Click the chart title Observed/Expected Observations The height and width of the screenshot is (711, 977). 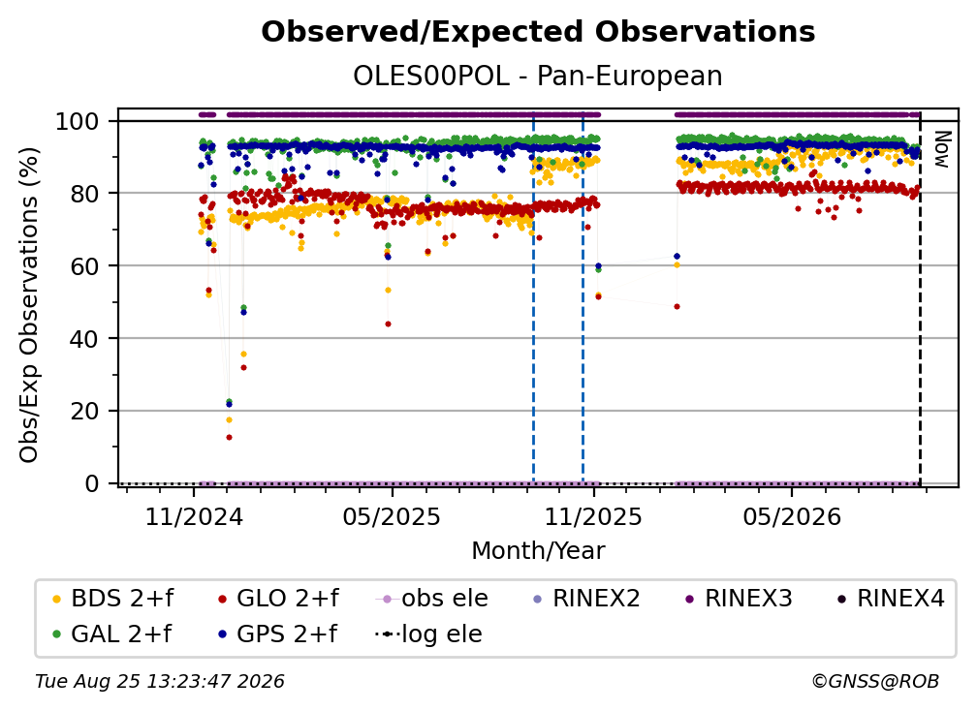pos(538,32)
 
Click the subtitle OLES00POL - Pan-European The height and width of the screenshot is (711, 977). pos(538,76)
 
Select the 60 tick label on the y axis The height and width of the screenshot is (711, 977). pos(84,266)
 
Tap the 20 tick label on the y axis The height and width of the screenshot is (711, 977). pos(84,412)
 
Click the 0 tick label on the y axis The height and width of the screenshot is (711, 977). pos(92,483)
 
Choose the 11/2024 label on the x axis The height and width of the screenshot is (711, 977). pos(194,516)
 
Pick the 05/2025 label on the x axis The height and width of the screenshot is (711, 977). pos(392,516)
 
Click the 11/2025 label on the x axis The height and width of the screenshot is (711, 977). pos(593,516)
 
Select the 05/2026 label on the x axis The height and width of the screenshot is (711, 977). pos(792,516)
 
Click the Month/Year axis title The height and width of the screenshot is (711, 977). pos(538,550)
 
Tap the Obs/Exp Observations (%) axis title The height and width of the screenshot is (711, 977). pos(29,305)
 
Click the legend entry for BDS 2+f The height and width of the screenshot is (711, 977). pos(113,599)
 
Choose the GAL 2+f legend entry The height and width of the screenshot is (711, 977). pos(112,634)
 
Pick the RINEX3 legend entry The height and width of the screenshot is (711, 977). pos(739,599)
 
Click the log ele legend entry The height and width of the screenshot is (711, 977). pos(428,634)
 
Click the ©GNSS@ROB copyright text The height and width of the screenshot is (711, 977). pos(875,681)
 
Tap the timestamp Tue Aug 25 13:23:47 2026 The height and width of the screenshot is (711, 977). pos(160,681)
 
